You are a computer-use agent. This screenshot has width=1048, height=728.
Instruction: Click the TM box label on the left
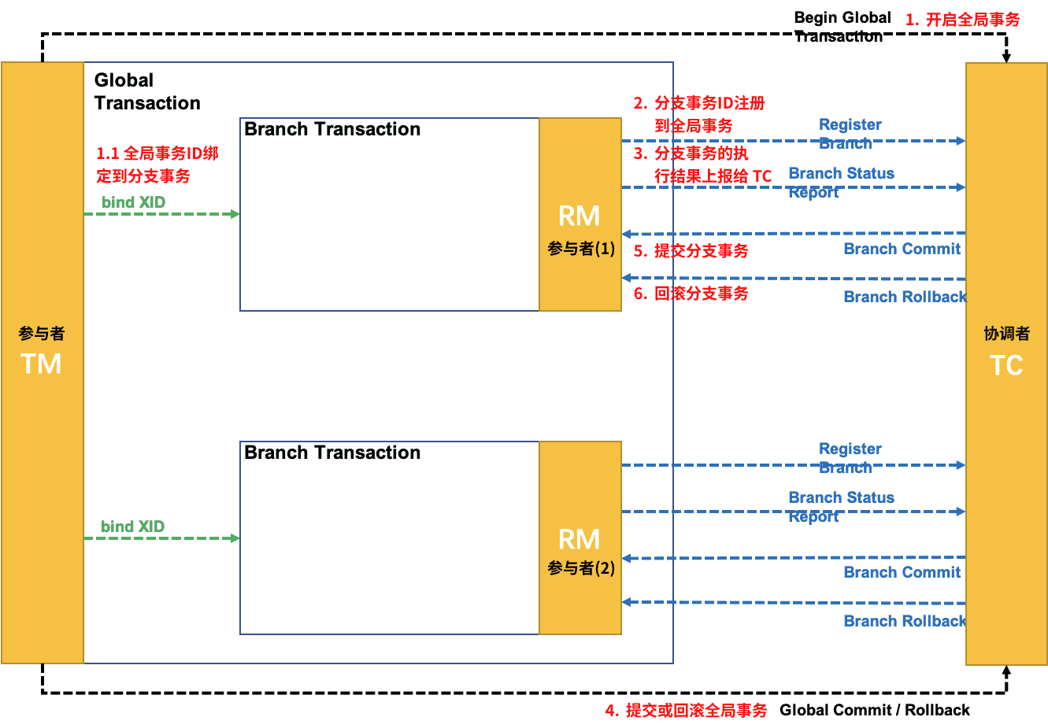pyautogui.click(x=41, y=364)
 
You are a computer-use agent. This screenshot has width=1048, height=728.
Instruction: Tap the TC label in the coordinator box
pyautogui.click(x=1005, y=365)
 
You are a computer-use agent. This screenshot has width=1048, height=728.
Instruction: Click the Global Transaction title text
pyautogui.click(x=146, y=91)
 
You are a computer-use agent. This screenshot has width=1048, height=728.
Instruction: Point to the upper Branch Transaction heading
pyautogui.click(x=332, y=129)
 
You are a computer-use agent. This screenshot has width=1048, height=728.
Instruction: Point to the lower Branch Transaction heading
pyautogui.click(x=332, y=453)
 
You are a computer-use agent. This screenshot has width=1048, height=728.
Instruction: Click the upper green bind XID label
pyautogui.click(x=133, y=202)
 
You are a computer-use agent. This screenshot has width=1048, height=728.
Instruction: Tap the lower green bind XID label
pyautogui.click(x=132, y=527)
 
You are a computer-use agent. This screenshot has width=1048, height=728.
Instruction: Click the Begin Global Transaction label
pyautogui.click(x=842, y=27)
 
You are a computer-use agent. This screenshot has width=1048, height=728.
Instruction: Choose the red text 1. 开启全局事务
pyautogui.click(x=962, y=20)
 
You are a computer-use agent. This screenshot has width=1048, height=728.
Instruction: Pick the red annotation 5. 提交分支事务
pyautogui.click(x=691, y=251)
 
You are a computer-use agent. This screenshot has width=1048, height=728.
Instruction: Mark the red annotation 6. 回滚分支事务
pyautogui.click(x=691, y=294)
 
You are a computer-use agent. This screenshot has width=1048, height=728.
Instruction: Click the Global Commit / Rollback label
pyautogui.click(x=874, y=710)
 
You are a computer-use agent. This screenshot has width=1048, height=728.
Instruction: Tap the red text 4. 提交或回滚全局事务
pyautogui.click(x=686, y=711)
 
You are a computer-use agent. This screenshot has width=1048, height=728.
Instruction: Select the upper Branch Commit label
pyautogui.click(x=902, y=249)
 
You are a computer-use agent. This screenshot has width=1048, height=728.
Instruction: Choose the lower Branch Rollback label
pyautogui.click(x=905, y=621)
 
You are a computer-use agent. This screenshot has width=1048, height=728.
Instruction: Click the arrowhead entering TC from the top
pyautogui.click(x=1006, y=57)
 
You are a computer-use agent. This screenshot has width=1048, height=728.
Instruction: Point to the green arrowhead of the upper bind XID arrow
pyautogui.click(x=235, y=214)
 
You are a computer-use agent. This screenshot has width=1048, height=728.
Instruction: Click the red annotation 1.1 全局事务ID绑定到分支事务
pyautogui.click(x=157, y=164)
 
